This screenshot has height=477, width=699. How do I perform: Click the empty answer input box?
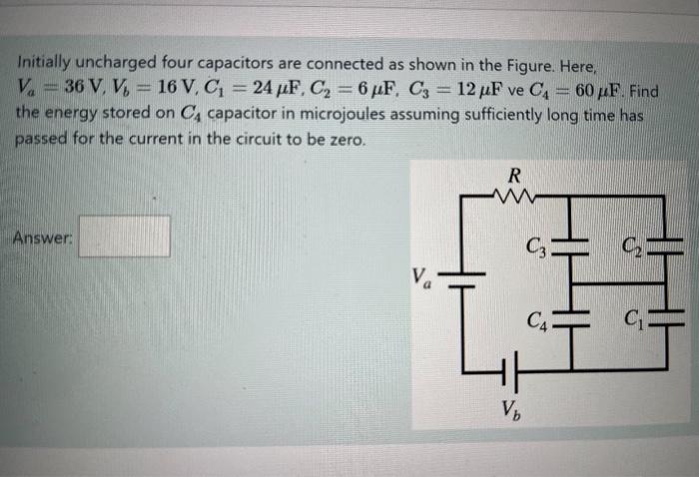coord(125,238)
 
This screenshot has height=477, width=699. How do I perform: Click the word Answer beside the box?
coord(43,238)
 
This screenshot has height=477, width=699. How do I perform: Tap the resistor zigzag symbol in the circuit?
coord(515,198)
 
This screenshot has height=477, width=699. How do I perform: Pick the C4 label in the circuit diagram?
coord(539,321)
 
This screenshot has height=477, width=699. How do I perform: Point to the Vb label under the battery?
coord(511,409)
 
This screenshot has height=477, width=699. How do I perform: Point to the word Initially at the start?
coord(47,68)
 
